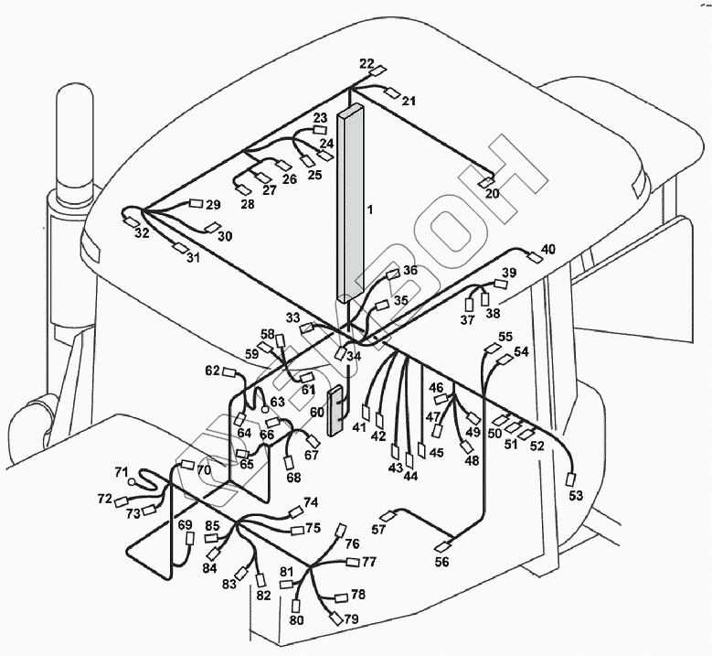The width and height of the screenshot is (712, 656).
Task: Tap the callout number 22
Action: (x=367, y=63)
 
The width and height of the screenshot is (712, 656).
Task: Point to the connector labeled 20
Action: (x=487, y=183)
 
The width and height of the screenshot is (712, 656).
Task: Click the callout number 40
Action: (x=547, y=249)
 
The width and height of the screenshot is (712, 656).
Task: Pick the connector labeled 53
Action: (x=573, y=479)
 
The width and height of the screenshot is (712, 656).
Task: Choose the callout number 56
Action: (x=441, y=562)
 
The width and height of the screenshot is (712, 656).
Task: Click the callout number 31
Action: (x=193, y=258)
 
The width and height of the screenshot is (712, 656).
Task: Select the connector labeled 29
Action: (x=195, y=204)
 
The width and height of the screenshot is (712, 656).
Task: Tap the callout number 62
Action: (x=212, y=371)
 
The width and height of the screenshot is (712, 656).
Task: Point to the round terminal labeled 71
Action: (x=133, y=480)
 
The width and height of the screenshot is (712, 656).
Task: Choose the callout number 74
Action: (x=311, y=502)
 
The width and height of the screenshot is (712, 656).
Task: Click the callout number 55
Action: (x=505, y=337)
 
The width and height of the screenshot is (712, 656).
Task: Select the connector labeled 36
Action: (x=394, y=274)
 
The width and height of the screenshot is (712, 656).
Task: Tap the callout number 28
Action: (x=248, y=203)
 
